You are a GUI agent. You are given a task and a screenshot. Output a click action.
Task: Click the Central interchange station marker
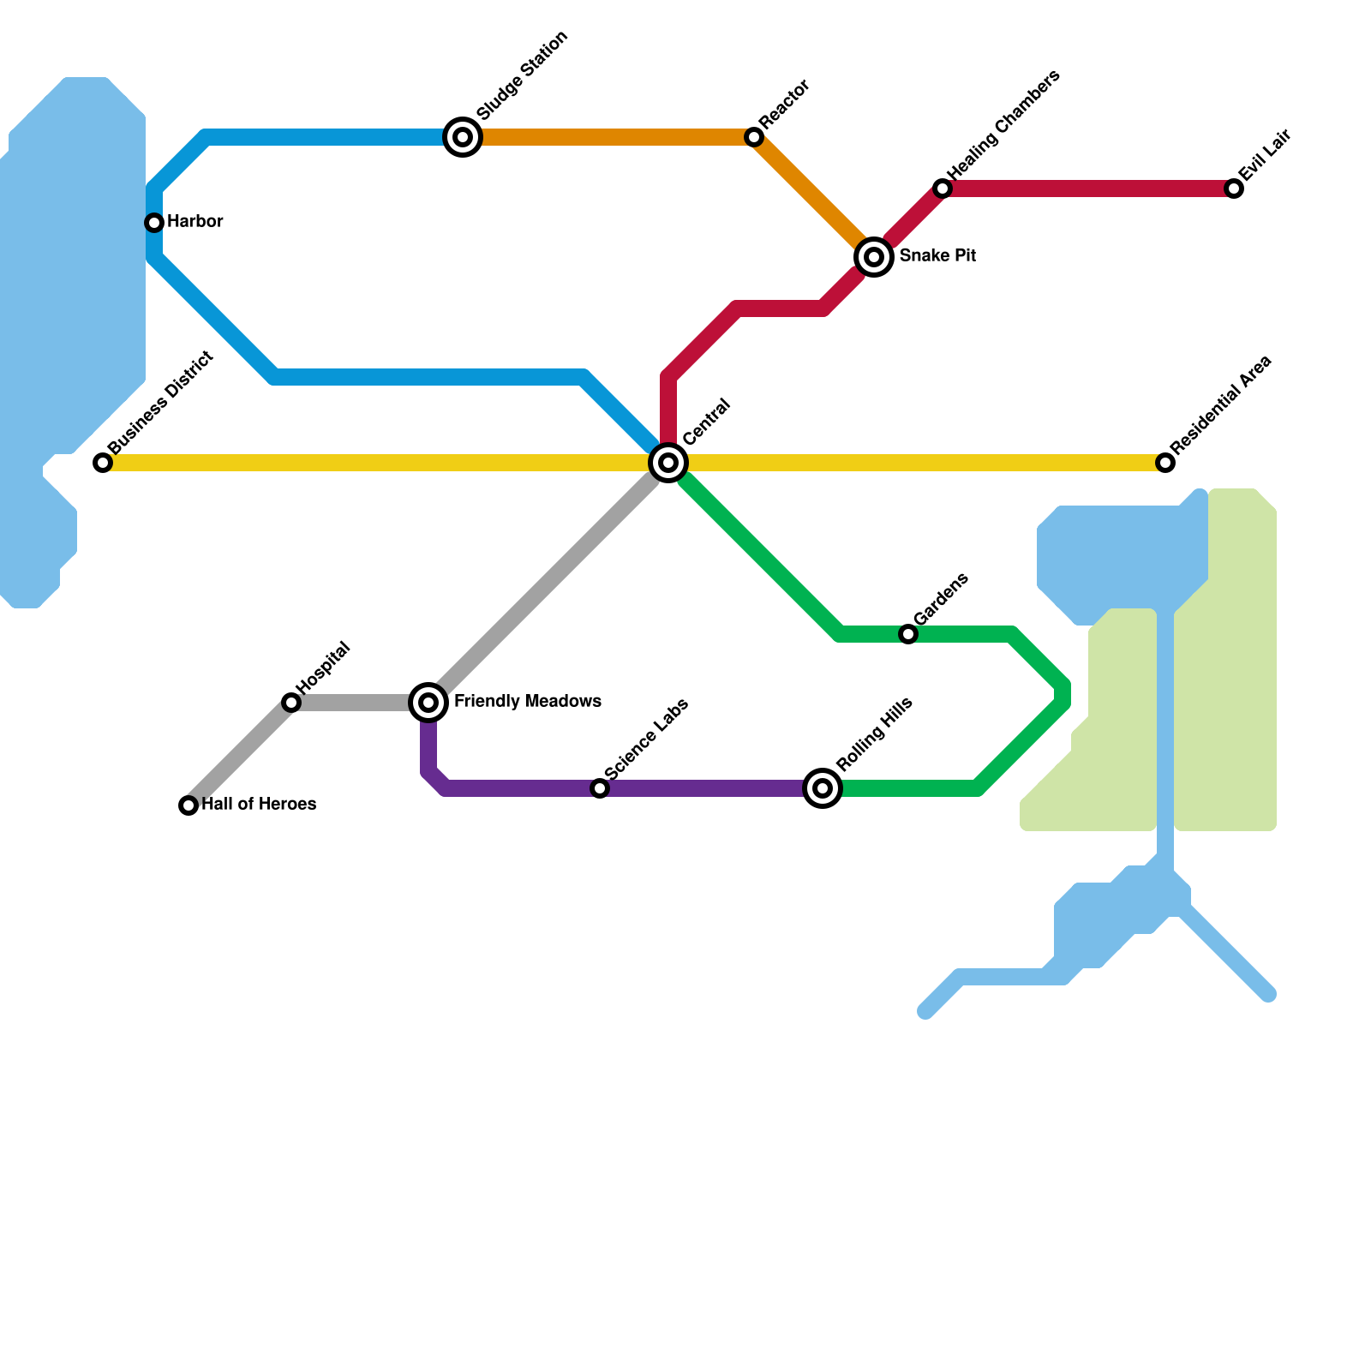click(668, 463)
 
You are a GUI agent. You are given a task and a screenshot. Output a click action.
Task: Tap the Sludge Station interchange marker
click(463, 137)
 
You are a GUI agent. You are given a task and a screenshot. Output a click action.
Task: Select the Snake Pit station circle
click(874, 256)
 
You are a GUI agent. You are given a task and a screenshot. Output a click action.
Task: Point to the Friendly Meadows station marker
click(428, 703)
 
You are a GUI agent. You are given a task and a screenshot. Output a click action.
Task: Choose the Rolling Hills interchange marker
click(823, 787)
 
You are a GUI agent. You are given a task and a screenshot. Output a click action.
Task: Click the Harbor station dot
click(154, 223)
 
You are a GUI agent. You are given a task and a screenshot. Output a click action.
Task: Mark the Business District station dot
click(103, 463)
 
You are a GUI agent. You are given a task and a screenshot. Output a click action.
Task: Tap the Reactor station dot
click(754, 137)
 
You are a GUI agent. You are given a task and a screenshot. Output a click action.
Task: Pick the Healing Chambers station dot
click(943, 189)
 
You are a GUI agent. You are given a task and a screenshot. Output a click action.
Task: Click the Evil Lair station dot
click(1234, 189)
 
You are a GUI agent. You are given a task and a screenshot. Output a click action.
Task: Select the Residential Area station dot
click(1165, 463)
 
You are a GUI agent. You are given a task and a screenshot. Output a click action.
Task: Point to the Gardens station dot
click(908, 634)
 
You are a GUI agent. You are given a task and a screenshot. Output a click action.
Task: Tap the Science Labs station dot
click(600, 788)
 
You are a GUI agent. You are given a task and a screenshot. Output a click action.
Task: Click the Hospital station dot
click(291, 703)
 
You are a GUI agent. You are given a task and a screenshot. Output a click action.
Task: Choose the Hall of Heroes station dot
click(189, 805)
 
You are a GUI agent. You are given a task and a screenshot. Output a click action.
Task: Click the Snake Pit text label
click(937, 256)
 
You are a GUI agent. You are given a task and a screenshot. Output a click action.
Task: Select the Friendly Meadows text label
click(527, 702)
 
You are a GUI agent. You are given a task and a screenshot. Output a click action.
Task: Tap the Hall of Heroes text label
click(259, 805)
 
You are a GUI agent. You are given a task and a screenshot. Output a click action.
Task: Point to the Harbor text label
click(195, 222)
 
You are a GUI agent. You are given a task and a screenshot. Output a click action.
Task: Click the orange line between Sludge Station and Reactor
click(608, 137)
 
